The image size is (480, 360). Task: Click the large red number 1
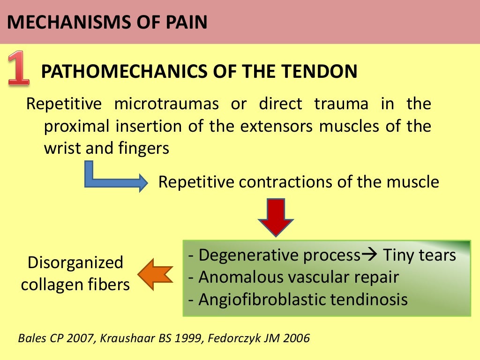[x=18, y=69]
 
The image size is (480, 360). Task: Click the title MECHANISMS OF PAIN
[x=107, y=22]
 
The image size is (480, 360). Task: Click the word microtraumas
[x=166, y=104]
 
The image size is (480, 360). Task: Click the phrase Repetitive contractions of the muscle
[x=299, y=181]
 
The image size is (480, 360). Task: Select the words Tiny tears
[x=420, y=255]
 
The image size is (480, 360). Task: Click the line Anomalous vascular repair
[x=293, y=277]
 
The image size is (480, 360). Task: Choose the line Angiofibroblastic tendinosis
[x=298, y=299]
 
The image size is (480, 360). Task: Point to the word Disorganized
[x=75, y=262]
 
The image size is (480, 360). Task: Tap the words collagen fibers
[x=75, y=284]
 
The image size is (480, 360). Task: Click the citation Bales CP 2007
[x=51, y=338]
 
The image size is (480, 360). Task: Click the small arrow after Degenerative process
[x=370, y=255]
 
